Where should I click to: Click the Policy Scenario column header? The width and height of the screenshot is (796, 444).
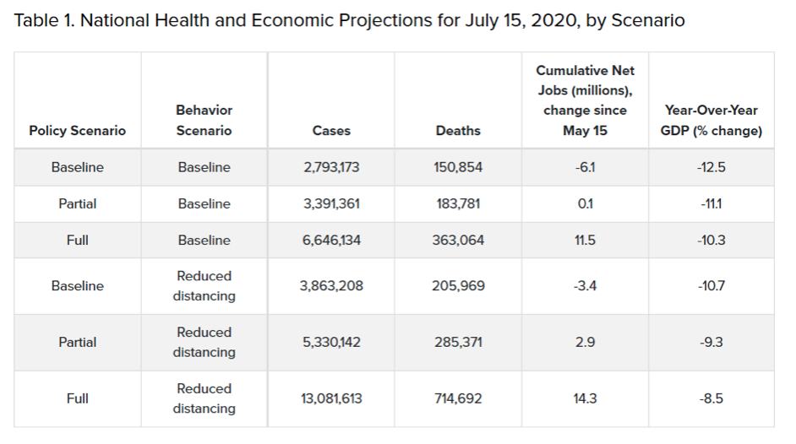click(77, 131)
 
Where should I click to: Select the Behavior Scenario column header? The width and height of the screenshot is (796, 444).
click(204, 120)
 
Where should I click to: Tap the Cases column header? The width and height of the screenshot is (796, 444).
click(331, 131)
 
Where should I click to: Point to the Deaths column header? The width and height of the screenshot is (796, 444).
click(458, 131)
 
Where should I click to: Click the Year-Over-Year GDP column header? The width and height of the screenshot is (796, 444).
click(711, 120)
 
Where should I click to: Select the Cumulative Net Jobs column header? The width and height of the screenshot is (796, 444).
click(585, 100)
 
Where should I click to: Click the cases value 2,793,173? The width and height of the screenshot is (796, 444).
click(331, 167)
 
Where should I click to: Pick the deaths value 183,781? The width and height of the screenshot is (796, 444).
click(458, 203)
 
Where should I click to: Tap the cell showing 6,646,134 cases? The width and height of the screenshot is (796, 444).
click(331, 241)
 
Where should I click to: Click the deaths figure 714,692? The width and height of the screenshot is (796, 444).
click(458, 398)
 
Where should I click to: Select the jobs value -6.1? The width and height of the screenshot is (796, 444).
click(585, 167)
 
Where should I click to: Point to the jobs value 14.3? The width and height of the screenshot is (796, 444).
click(585, 398)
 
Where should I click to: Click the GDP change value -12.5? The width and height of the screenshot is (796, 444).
click(711, 167)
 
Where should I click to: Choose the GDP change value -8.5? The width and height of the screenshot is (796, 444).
click(711, 398)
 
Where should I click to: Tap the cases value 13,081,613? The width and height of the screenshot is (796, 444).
click(331, 398)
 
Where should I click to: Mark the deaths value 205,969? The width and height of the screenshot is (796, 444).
click(458, 286)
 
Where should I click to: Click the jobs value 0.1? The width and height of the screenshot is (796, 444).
click(585, 203)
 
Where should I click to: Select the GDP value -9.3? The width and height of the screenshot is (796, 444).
click(711, 342)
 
